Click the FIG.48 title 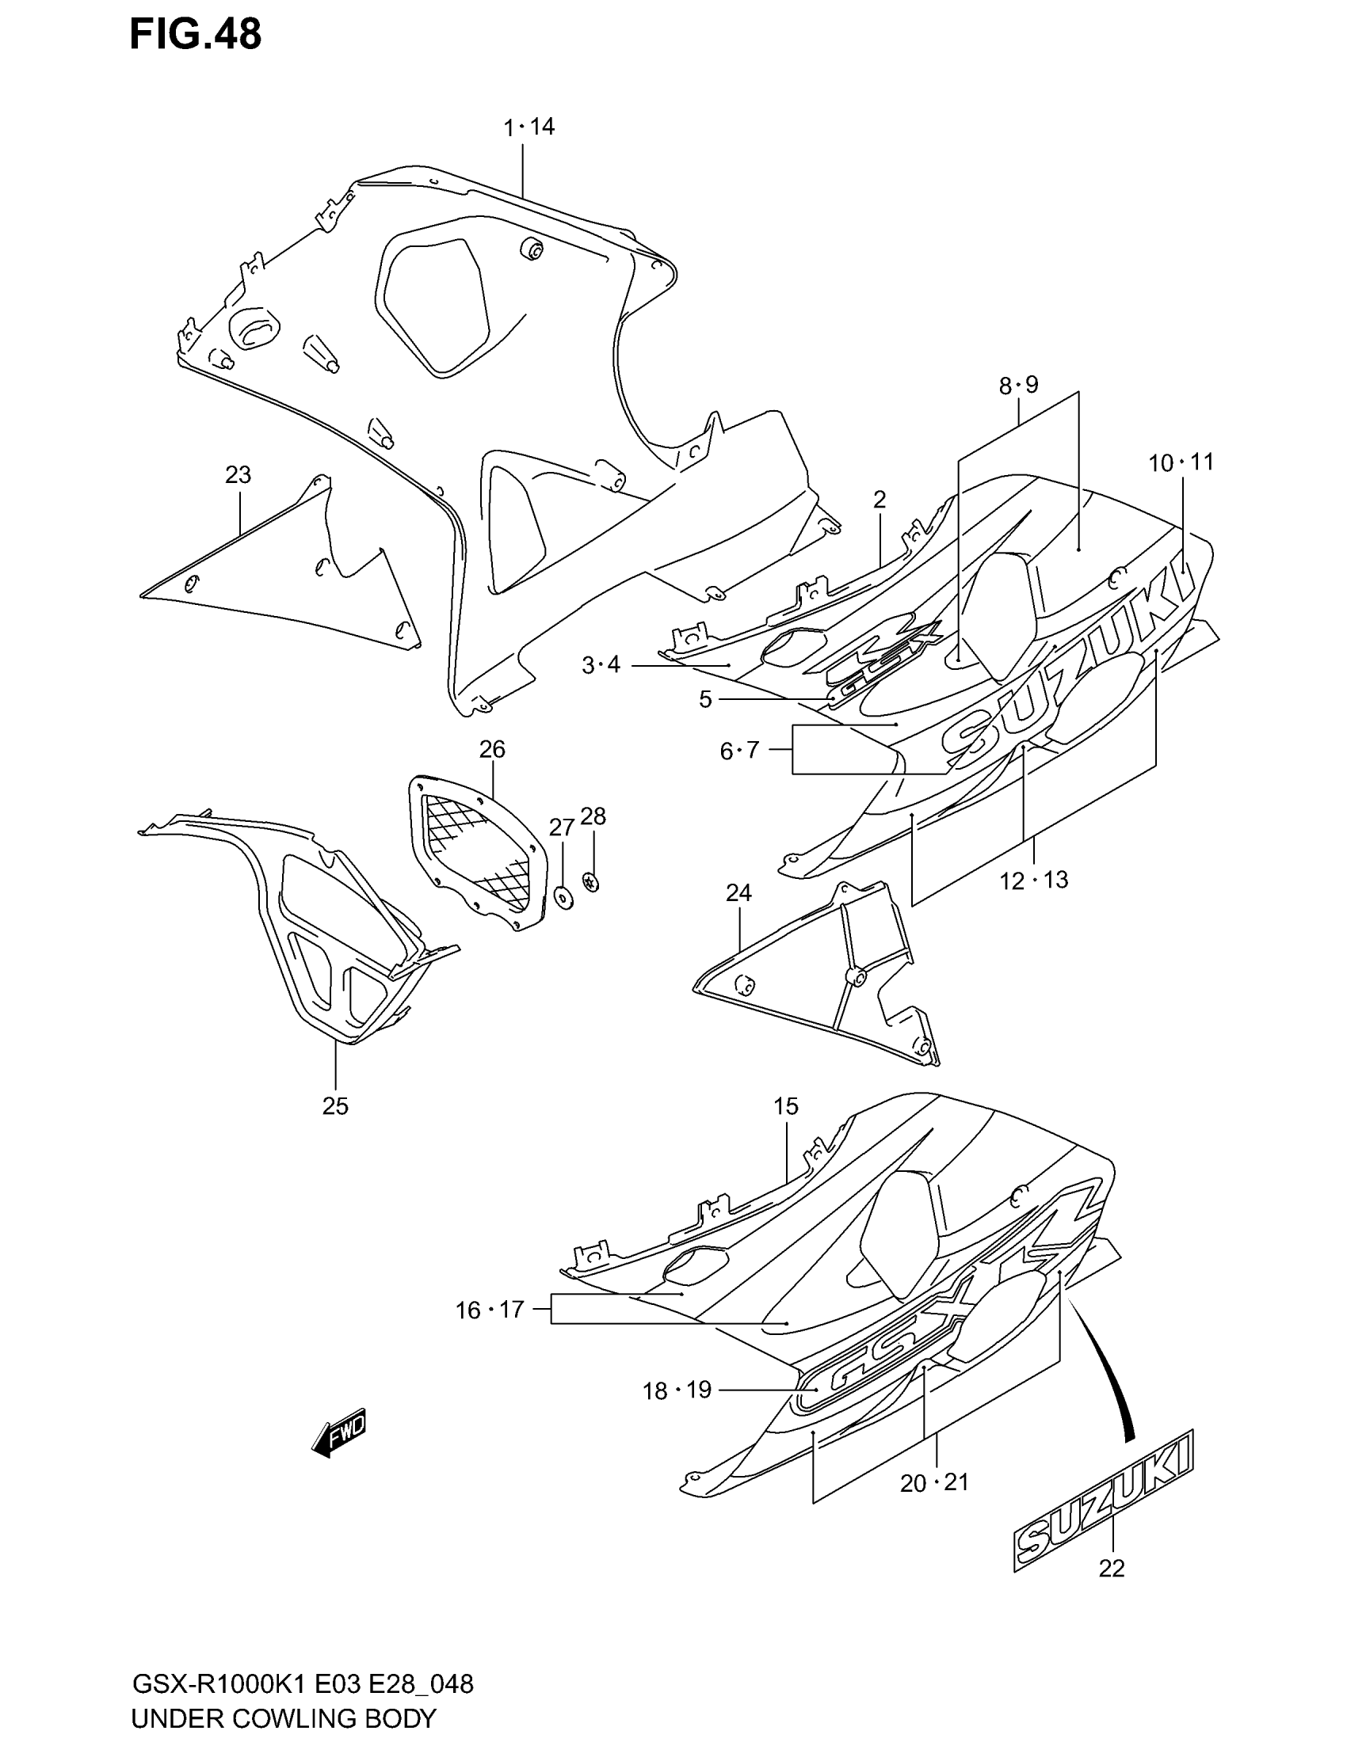coord(195,35)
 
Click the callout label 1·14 coord(528,127)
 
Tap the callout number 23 coord(238,475)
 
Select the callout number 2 coord(880,500)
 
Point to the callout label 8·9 coord(1018,386)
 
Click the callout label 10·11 coord(1181,462)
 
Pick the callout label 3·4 coord(600,664)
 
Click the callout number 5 coord(704,699)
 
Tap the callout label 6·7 coord(739,751)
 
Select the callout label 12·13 coord(1032,881)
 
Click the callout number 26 coord(492,750)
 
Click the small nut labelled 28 coord(592,881)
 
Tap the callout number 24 coord(739,892)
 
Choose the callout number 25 coord(335,1105)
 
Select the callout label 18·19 coord(677,1391)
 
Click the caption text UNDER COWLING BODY coord(284,1717)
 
